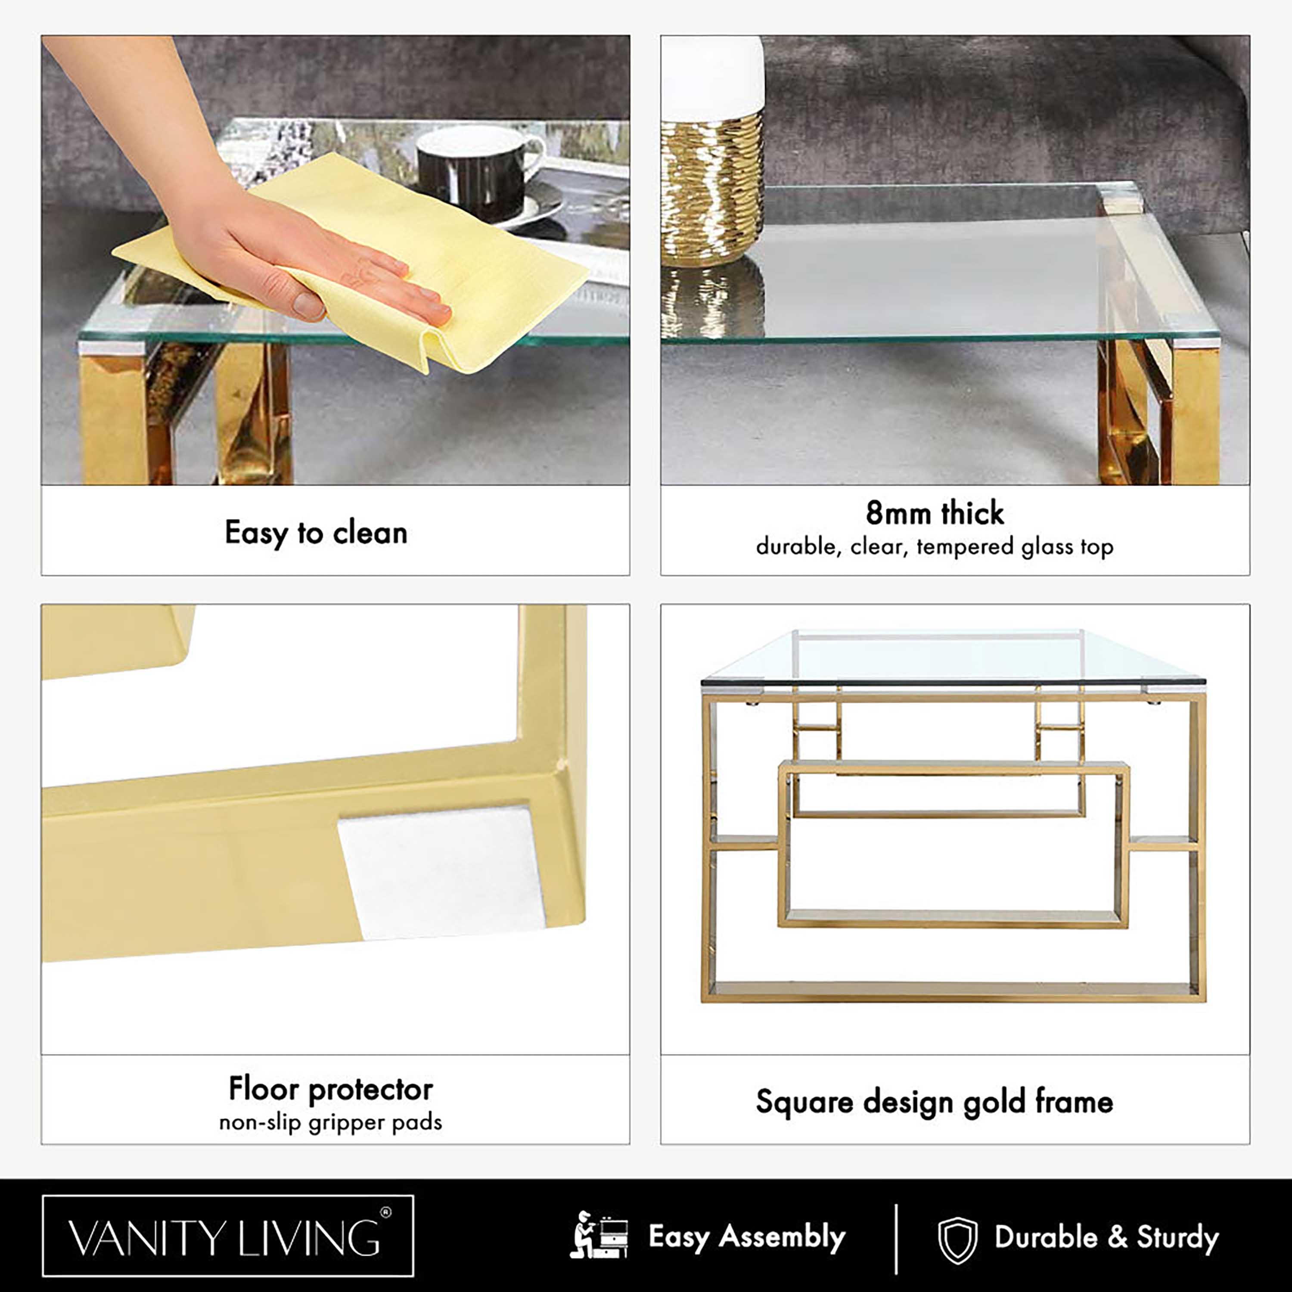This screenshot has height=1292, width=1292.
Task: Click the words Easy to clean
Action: click(316, 533)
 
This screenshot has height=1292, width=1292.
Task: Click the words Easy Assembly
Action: click(747, 1236)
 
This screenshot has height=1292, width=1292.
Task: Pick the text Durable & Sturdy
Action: click(1107, 1237)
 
